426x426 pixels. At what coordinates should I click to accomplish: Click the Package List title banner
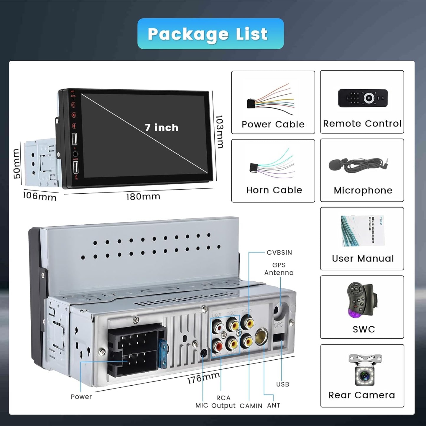[210, 34]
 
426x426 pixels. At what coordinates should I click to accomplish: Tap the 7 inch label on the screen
[162, 128]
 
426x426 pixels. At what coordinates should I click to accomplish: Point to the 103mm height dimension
[219, 131]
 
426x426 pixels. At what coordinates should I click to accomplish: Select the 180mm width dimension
[143, 197]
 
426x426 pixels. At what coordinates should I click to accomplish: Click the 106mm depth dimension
[40, 196]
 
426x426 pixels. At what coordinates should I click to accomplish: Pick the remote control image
[363, 98]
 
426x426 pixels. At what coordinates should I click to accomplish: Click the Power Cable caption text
[273, 124]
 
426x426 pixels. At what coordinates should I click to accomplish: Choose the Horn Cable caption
[274, 190]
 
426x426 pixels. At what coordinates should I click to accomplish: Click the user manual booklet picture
[363, 231]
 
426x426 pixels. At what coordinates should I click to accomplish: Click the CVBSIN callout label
[279, 253]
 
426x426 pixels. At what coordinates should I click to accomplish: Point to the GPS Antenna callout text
[279, 269]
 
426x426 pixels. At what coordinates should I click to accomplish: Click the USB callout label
[282, 384]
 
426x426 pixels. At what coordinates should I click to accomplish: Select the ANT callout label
[274, 405]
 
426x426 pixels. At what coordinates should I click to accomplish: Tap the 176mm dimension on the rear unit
[203, 378]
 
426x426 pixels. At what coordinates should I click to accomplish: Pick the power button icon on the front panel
[73, 105]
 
